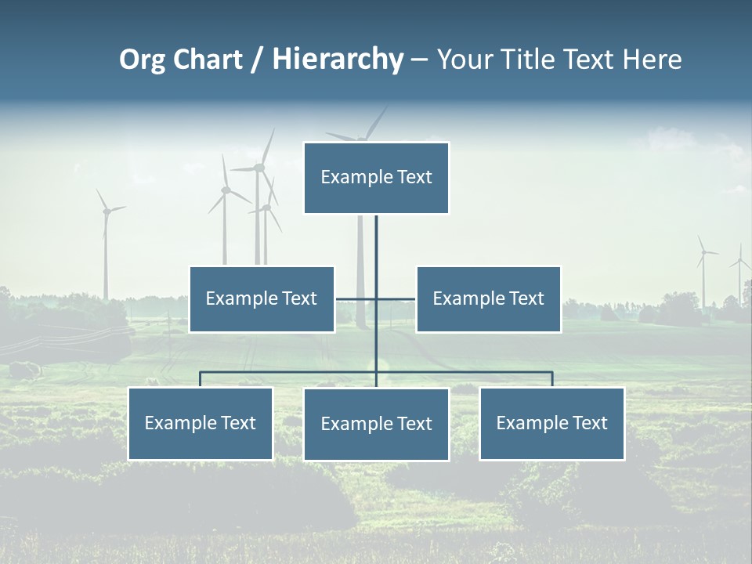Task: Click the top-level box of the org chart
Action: click(376, 178)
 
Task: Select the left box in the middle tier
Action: click(262, 299)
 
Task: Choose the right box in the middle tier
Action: click(488, 299)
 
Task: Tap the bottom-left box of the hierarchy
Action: click(201, 424)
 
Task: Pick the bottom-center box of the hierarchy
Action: click(376, 425)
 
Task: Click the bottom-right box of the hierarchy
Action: click(551, 424)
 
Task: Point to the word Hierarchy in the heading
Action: click(338, 60)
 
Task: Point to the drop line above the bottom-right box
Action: click(552, 379)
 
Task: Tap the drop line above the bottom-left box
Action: click(201, 379)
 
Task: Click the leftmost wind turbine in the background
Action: click(105, 243)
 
